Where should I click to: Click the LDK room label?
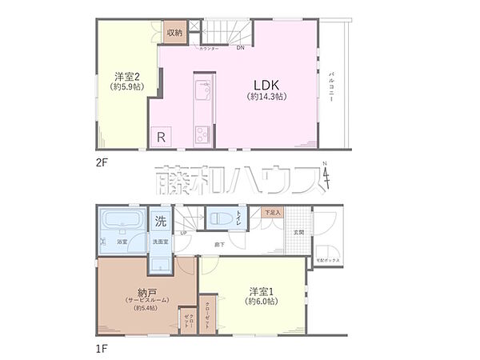pos(267,84)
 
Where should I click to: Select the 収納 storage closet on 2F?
pos(174,33)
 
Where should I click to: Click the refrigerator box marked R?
pos(161,137)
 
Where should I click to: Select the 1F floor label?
pos(102,349)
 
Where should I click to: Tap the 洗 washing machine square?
pos(161,220)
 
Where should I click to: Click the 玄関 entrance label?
pos(299,233)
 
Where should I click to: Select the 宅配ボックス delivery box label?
pos(328,261)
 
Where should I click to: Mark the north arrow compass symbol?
pos(326,177)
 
